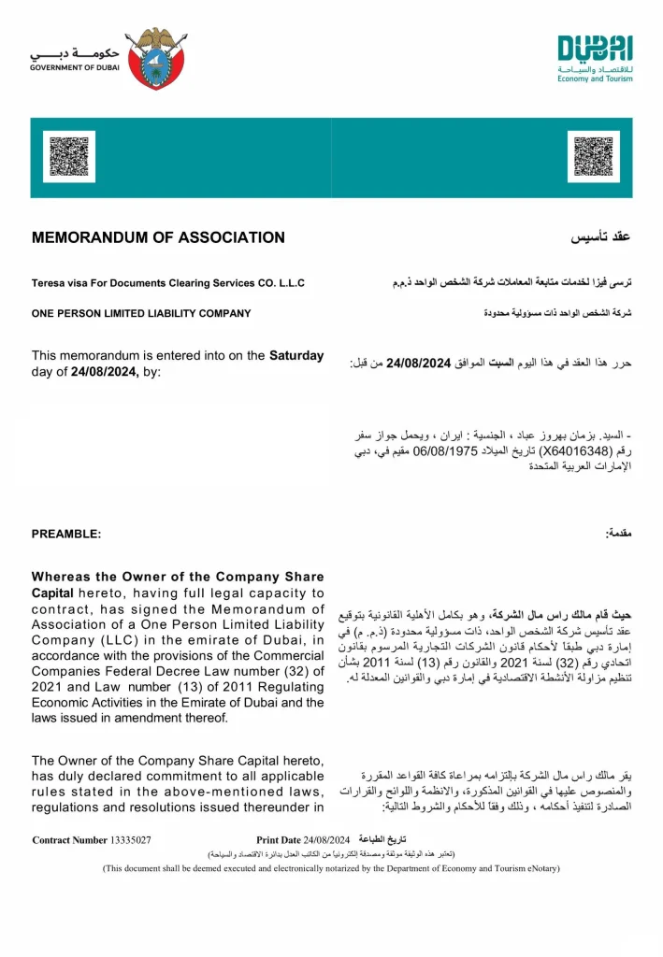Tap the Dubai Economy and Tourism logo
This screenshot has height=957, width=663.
coord(595,58)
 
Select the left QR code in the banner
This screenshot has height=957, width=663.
coord(69,157)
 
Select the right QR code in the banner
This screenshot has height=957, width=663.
coord(595,157)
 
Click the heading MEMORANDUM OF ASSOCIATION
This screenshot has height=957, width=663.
coord(158,237)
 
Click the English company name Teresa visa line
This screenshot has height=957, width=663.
coord(167,283)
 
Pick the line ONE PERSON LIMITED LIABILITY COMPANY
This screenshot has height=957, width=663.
coord(141,313)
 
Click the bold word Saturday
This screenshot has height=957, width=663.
coord(296,355)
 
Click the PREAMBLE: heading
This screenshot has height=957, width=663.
coord(66,534)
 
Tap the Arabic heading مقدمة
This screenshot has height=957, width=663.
coord(618,532)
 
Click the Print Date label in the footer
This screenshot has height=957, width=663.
coord(279,840)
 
